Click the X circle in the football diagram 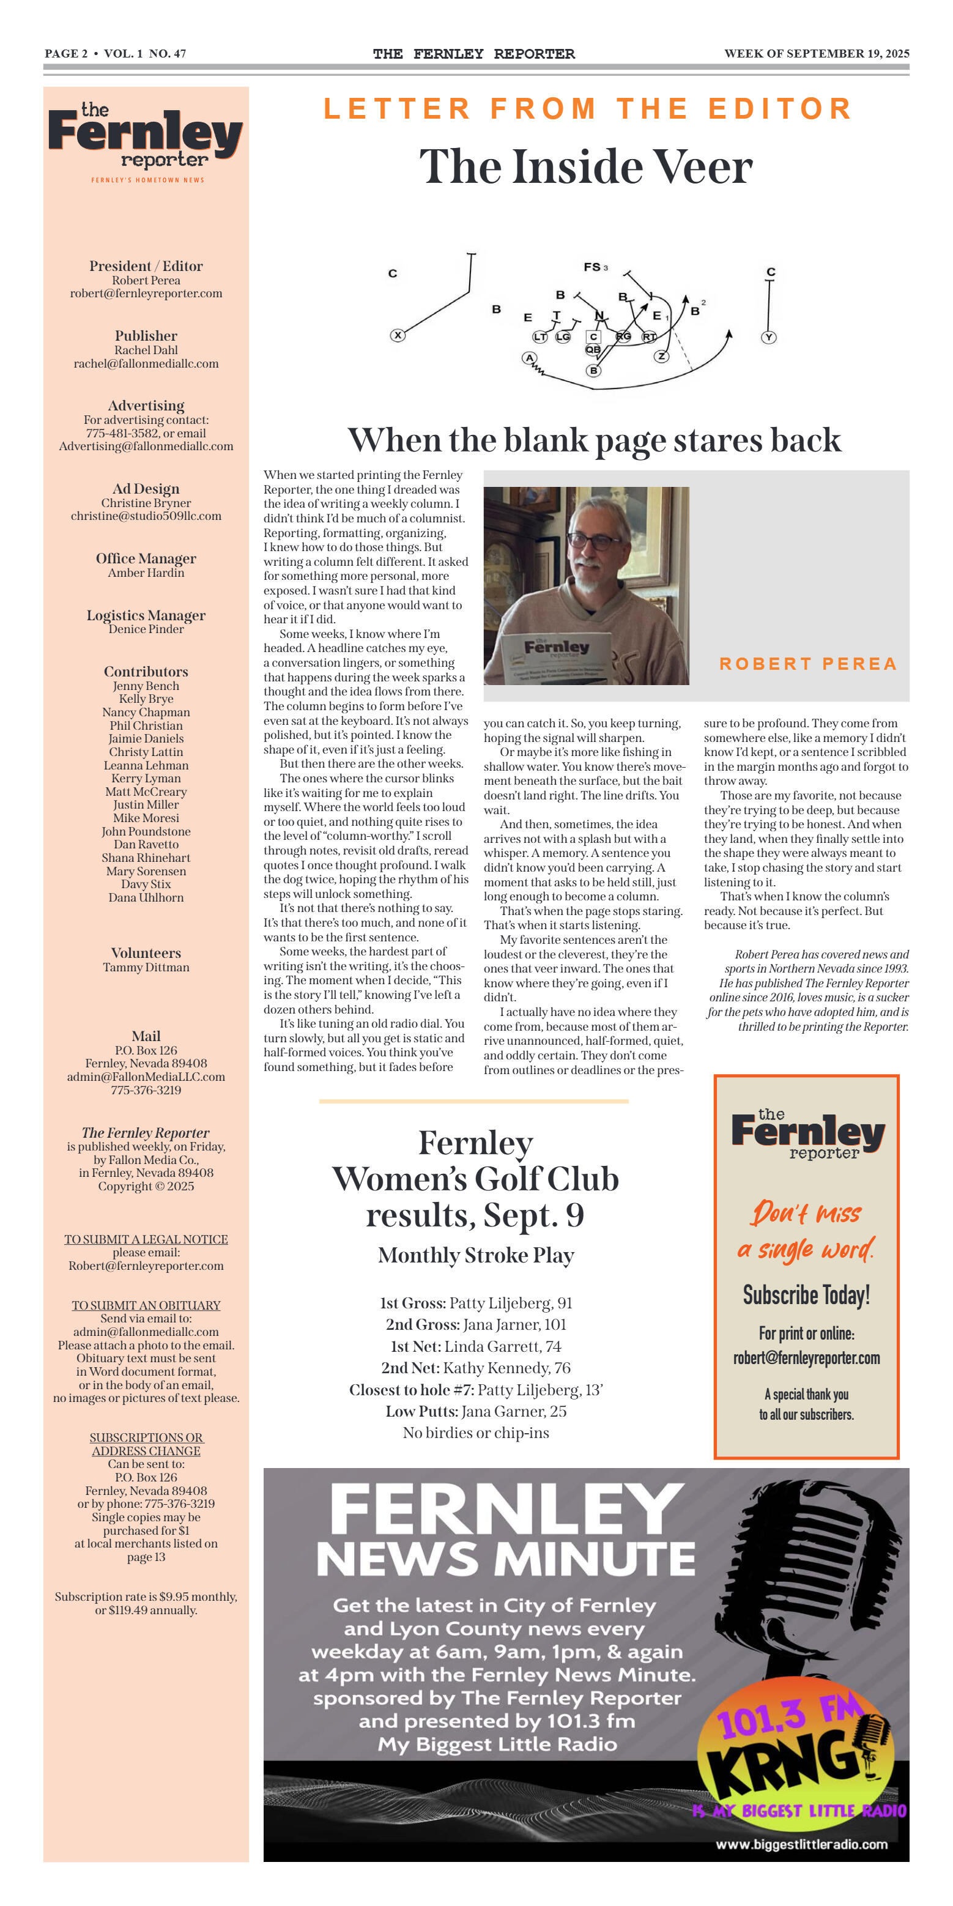[x=398, y=335]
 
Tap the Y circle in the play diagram [x=769, y=338]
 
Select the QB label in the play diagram [x=593, y=349]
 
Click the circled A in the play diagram [x=529, y=358]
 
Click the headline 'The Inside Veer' [x=586, y=166]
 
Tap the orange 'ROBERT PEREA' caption [x=808, y=664]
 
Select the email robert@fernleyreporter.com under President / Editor [x=146, y=294]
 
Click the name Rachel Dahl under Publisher [x=146, y=350]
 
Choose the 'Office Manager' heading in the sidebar [x=146, y=558]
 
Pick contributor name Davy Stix [x=146, y=884]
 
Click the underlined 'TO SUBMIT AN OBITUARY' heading [x=146, y=1305]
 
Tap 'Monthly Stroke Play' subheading [x=476, y=1255]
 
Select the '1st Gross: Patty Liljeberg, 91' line [x=476, y=1303]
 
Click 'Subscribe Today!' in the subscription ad [x=806, y=1295]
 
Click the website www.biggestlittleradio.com [x=801, y=1844]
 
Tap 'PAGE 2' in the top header [x=66, y=53]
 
